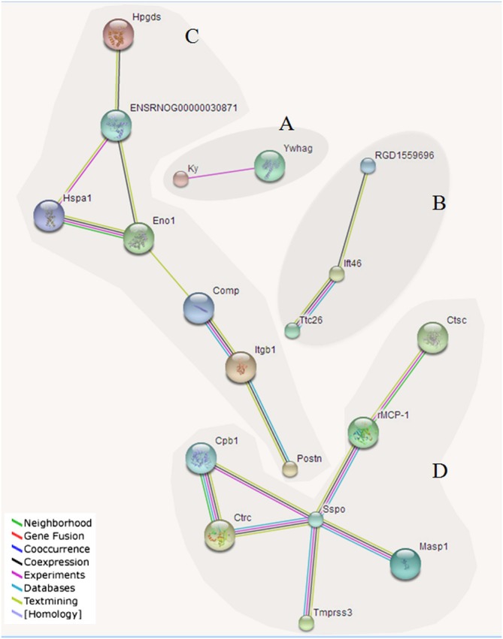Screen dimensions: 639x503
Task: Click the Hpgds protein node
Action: tap(119, 36)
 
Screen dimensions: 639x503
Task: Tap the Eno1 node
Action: tap(139, 238)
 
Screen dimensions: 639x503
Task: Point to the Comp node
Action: tap(199, 308)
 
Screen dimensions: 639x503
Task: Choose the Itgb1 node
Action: tap(241, 367)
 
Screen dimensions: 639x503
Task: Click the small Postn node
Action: tap(290, 469)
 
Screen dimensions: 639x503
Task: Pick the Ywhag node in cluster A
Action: tap(270, 165)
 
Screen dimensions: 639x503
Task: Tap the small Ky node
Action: tap(180, 179)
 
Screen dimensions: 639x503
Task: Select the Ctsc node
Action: tap(432, 338)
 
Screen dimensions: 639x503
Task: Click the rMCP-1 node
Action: tap(362, 433)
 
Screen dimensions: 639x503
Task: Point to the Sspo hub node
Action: tap(316, 519)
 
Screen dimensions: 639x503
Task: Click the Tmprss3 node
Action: tap(305, 622)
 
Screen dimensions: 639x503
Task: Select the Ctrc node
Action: tap(220, 534)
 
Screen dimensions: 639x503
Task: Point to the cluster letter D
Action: tap(441, 471)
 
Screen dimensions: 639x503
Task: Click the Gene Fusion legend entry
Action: tap(53, 536)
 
